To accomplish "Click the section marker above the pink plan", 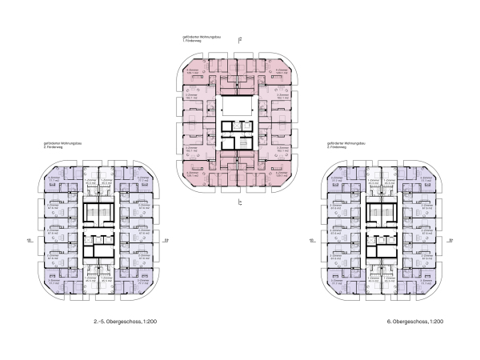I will (x=241, y=41).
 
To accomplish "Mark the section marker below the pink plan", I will (x=241, y=204).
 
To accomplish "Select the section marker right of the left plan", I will (x=167, y=238).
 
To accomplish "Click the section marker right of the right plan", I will (x=453, y=238).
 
